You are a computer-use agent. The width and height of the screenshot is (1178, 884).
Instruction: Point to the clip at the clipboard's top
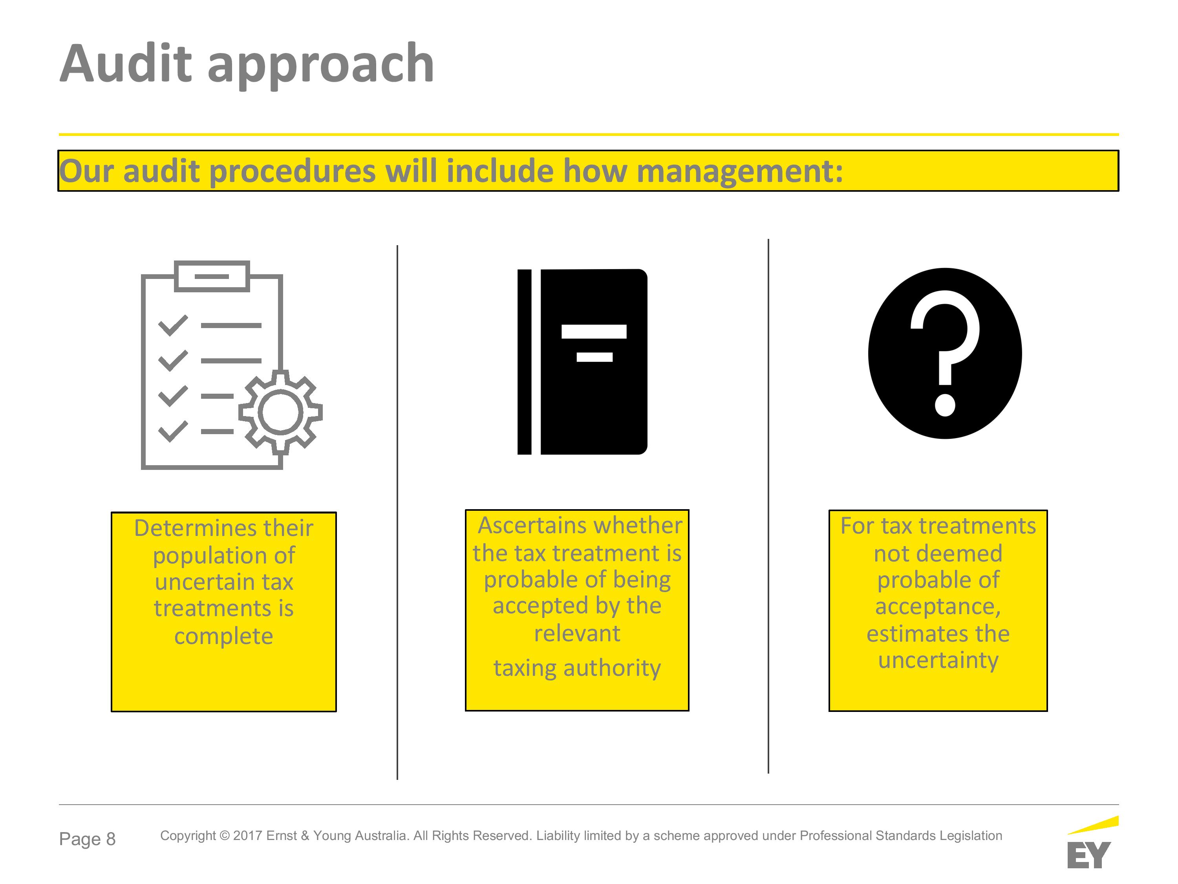click(x=212, y=276)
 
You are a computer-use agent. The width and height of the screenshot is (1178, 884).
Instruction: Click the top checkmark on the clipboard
click(x=173, y=325)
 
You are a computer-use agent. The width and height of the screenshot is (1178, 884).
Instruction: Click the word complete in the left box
click(x=224, y=636)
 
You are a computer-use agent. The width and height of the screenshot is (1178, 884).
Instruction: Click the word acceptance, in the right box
click(x=938, y=607)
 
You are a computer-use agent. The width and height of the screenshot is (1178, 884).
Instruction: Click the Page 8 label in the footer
click(x=87, y=839)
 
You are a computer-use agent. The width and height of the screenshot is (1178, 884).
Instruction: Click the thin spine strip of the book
click(x=525, y=362)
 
